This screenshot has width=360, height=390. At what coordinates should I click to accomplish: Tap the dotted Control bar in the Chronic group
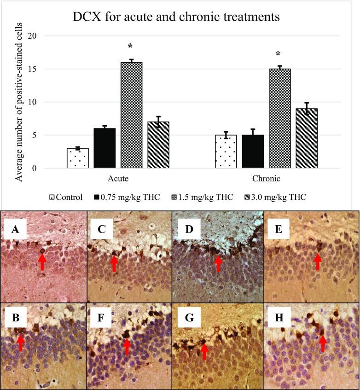coord(226,151)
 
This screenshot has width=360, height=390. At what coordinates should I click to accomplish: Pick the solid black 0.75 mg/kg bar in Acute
coord(105,148)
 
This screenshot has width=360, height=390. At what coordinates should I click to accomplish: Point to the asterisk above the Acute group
coord(130,47)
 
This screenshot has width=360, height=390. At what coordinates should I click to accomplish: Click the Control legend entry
coord(66,197)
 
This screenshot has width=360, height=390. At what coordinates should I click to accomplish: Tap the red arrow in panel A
coord(42,262)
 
